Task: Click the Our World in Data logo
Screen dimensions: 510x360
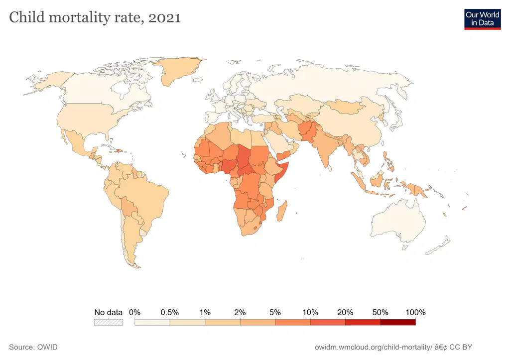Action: click(482, 19)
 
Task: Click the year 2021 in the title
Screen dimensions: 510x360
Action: click(164, 17)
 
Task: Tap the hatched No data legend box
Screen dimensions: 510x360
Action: click(108, 322)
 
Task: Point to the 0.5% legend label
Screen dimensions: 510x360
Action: click(170, 313)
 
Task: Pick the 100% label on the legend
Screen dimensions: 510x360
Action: click(415, 313)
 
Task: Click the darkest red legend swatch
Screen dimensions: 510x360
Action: click(398, 322)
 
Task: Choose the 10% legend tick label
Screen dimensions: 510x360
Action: click(310, 313)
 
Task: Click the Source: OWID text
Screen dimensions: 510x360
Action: click(33, 347)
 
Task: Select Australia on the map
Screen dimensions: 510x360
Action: click(398, 221)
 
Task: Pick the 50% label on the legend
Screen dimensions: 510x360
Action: click(380, 313)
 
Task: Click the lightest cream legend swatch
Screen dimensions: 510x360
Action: click(152, 322)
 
